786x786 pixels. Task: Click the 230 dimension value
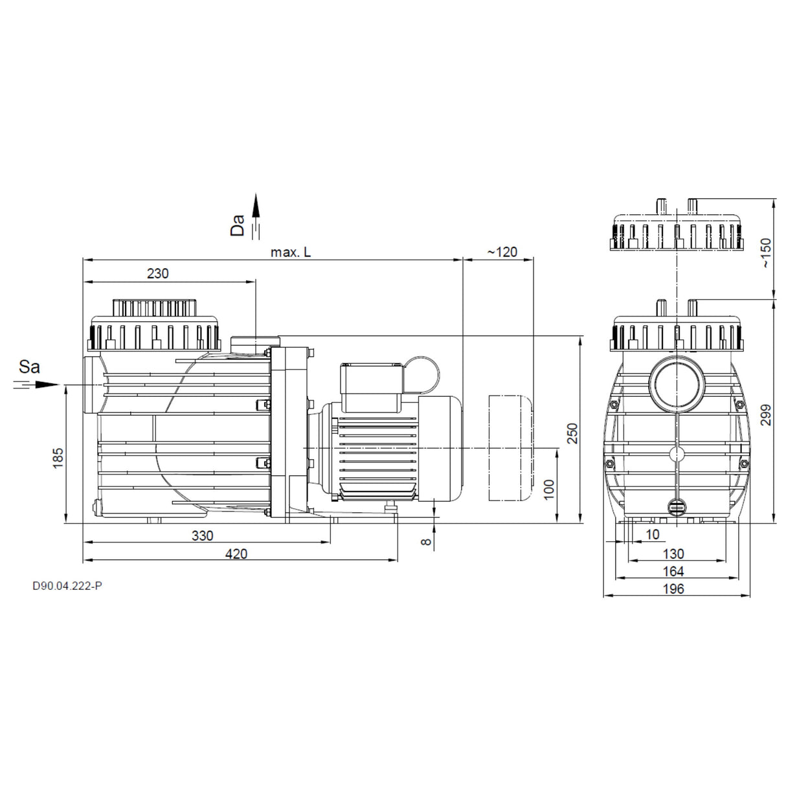click(x=157, y=273)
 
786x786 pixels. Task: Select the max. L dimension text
click(x=291, y=252)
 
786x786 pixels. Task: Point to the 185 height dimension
click(x=58, y=457)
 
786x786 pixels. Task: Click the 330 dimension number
click(x=202, y=535)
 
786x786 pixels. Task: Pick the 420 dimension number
click(x=236, y=554)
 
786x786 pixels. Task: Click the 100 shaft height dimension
click(x=550, y=489)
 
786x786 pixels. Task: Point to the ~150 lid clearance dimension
click(x=767, y=254)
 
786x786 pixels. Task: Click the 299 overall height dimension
click(x=767, y=415)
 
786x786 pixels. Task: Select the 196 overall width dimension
click(x=673, y=589)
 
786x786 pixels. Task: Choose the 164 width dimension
click(x=673, y=571)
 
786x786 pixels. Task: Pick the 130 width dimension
click(x=673, y=554)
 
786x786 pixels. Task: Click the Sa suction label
click(x=29, y=367)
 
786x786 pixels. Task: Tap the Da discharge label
click(x=239, y=225)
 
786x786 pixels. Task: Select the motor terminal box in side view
click(x=372, y=387)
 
